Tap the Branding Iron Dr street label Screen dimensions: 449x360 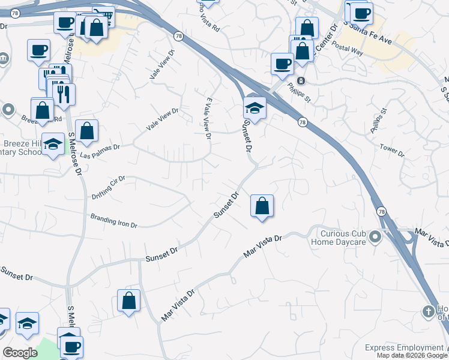(x=114, y=220)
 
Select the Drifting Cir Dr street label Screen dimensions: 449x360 (x=109, y=187)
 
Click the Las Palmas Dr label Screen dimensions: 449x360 (x=100, y=147)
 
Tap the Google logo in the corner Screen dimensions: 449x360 (x=20, y=353)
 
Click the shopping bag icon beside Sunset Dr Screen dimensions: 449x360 (x=262, y=206)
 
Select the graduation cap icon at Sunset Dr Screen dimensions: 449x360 (x=255, y=109)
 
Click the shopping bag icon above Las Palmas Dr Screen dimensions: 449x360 (x=86, y=131)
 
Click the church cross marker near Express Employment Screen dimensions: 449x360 (x=428, y=311)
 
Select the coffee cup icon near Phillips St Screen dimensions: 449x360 (x=282, y=64)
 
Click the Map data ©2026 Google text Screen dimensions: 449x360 (x=411, y=355)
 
